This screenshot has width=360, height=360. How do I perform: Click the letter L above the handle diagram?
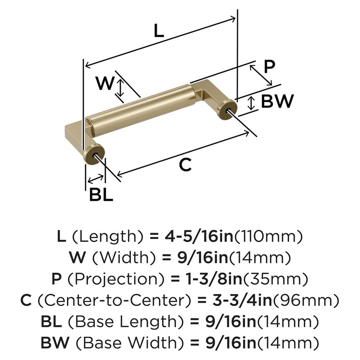159,31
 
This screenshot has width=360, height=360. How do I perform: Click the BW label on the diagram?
277,102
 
